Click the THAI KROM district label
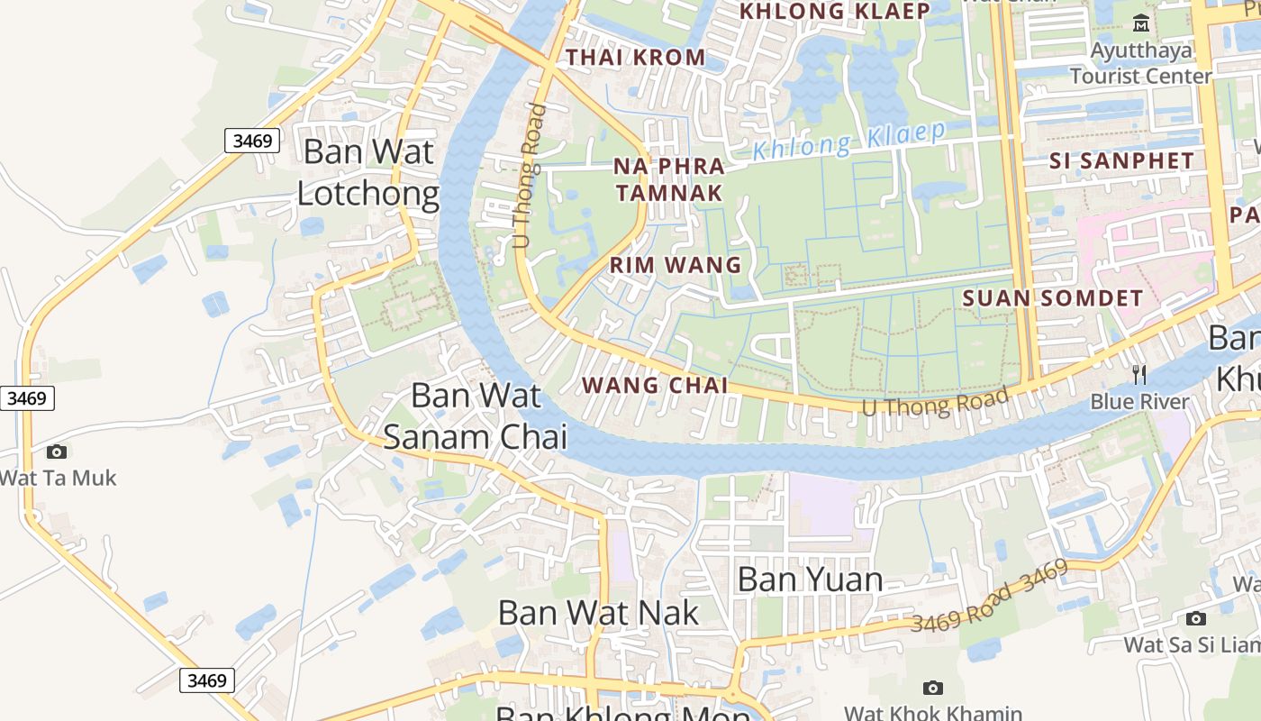coord(635,57)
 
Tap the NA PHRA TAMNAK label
coord(668,179)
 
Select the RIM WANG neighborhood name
coord(676,265)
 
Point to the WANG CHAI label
coord(655,385)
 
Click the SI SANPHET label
coord(1121,161)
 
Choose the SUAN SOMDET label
coord(1053,298)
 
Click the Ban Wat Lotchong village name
coord(368,171)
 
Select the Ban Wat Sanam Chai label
coord(476,415)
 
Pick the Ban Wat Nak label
coord(598,613)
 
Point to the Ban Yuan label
coord(810,579)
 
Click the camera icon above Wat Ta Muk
coord(57,452)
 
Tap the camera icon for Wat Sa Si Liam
coord(1195,618)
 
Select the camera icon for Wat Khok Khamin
coord(933,689)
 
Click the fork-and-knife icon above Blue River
coord(1139,374)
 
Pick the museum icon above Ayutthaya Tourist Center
coord(1141,23)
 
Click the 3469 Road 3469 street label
coord(989,597)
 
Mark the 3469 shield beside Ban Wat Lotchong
coord(251,141)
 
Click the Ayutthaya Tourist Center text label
coord(1141,63)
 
